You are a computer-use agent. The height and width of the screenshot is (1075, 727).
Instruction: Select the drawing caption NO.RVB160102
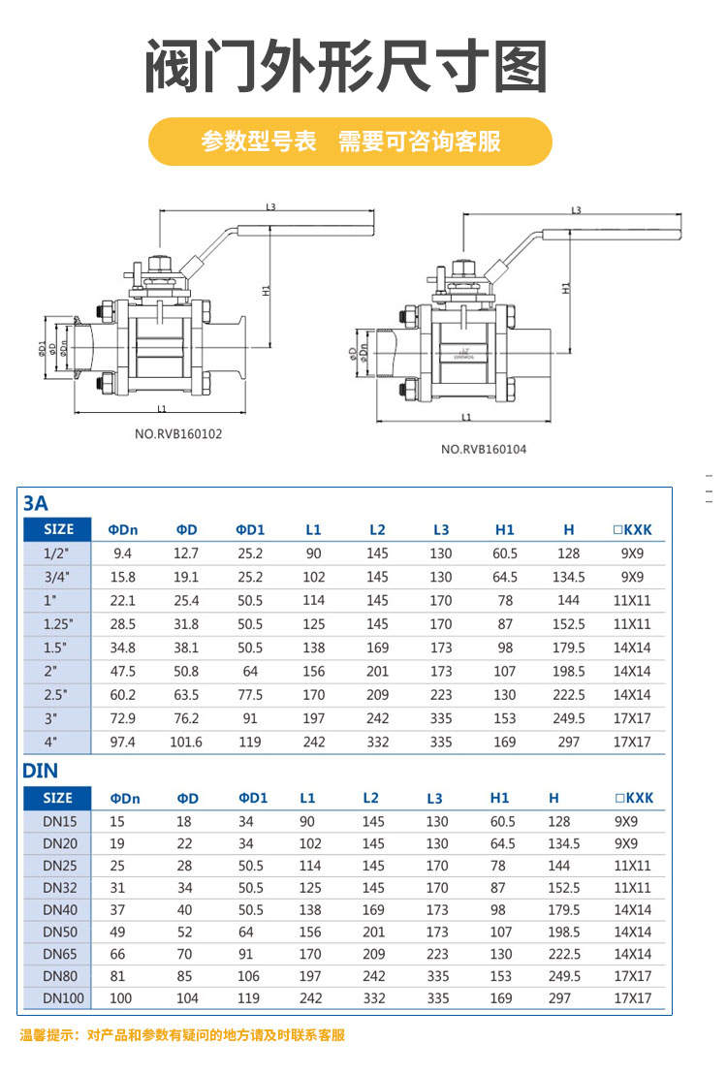tap(178, 434)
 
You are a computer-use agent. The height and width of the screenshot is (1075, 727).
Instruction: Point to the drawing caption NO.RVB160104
tap(484, 449)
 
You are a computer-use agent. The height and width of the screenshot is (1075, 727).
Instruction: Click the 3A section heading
tap(35, 503)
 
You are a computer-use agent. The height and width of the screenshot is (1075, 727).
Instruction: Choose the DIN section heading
tap(41, 771)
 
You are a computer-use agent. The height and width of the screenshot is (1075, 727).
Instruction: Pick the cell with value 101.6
tap(186, 742)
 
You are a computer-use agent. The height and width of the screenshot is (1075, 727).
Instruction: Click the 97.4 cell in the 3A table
tap(123, 742)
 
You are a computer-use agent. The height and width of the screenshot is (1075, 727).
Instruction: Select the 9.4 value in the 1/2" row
tap(123, 553)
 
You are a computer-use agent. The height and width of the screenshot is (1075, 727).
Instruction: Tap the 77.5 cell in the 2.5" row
tap(250, 695)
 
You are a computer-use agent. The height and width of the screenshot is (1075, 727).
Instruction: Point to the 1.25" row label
tap(58, 624)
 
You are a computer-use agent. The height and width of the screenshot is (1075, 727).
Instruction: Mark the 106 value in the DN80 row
tap(250, 976)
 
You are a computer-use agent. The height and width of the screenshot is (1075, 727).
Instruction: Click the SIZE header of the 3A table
tap(58, 529)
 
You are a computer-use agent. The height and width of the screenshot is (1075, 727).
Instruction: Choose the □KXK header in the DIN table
tap(634, 798)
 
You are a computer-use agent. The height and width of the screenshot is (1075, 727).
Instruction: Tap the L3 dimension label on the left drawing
tap(270, 207)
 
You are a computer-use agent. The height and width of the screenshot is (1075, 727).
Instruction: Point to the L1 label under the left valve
tap(162, 408)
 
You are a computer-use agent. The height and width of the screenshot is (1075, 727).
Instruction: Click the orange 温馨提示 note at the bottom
tap(182, 1035)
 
